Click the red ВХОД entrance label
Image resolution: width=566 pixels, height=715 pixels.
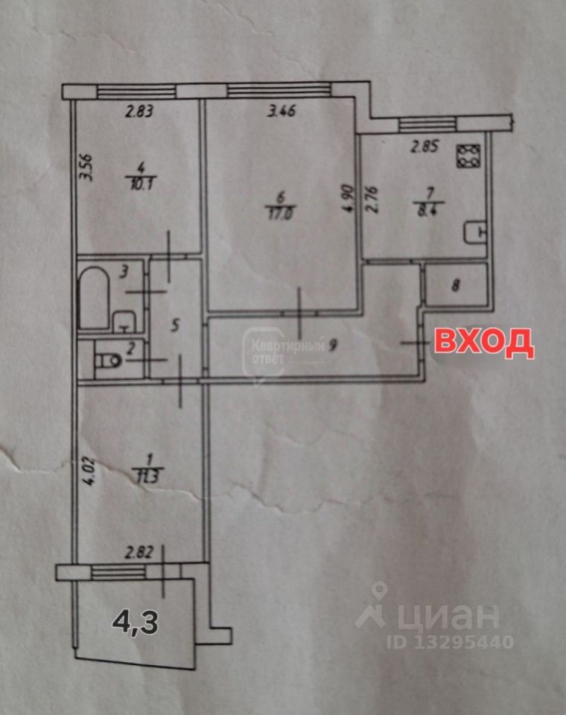pyautogui.click(x=483, y=342)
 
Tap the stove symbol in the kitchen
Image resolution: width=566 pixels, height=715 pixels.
pyautogui.click(x=469, y=155)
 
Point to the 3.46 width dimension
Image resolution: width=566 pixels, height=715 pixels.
pyautogui.click(x=281, y=113)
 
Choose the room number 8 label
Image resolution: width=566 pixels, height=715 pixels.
pyautogui.click(x=457, y=284)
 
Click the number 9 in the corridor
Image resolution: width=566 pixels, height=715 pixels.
pyautogui.click(x=333, y=345)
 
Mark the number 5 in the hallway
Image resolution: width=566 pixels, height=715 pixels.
pyautogui.click(x=175, y=325)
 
